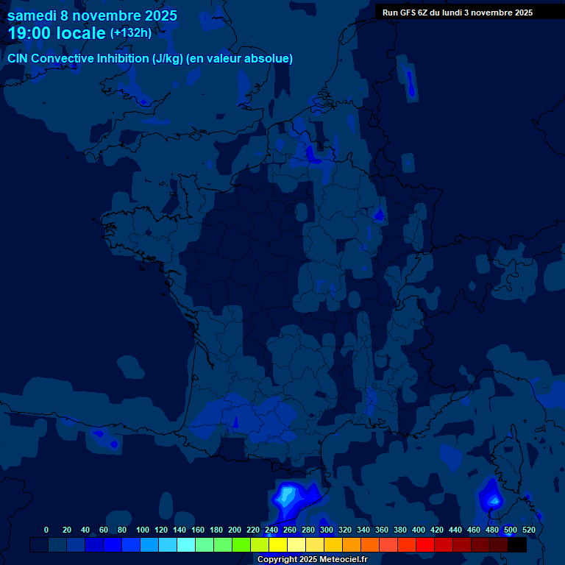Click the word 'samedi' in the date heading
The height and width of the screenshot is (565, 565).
tap(32, 15)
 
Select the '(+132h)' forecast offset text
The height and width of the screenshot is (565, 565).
tap(131, 32)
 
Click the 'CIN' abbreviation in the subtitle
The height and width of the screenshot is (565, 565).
tap(18, 58)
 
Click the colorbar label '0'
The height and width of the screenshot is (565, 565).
tap(46, 530)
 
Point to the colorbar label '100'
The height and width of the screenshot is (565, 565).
tap(143, 530)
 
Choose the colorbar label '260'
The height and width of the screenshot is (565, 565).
tap(290, 530)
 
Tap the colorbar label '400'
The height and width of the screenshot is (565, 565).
tap(419, 530)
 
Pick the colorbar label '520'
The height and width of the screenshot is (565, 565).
tap(528, 530)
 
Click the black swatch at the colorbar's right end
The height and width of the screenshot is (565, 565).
tap(517, 545)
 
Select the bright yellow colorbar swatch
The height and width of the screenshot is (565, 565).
tap(278, 545)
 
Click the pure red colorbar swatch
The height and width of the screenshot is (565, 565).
tap(425, 545)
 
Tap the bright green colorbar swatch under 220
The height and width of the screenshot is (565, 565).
tap(241, 545)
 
